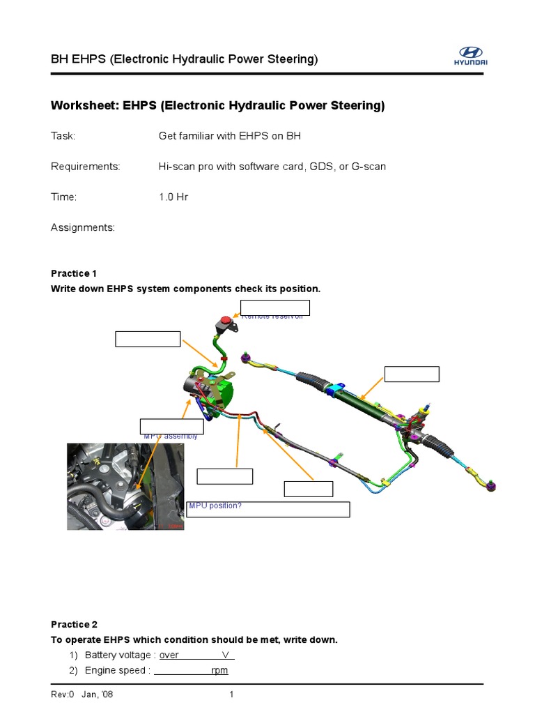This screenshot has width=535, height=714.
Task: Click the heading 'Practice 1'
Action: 70,273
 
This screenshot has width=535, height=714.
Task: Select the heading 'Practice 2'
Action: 70,624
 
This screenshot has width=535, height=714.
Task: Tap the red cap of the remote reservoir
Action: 226,321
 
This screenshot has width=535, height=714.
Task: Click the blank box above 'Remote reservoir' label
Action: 275,307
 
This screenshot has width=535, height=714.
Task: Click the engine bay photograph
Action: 125,486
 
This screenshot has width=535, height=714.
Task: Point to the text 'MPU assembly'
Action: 171,436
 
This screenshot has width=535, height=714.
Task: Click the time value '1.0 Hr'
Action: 173,197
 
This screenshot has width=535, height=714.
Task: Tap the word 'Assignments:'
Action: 83,228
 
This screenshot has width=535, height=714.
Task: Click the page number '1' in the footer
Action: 232,694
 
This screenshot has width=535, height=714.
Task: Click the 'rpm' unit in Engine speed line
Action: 219,671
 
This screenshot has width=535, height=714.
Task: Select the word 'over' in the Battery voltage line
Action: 169,655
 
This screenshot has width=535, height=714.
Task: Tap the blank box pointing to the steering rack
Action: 412,374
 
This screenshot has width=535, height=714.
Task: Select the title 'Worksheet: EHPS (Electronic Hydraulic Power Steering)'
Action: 217,106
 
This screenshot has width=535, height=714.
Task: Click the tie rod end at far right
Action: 490,484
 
